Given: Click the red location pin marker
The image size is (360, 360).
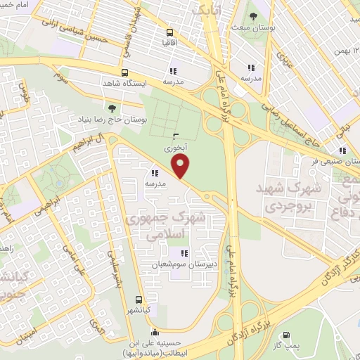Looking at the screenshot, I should pos(181,167).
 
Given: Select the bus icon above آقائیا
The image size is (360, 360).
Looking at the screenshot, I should pos(169,32).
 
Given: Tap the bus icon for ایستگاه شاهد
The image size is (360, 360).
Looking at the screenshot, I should pos(124,72).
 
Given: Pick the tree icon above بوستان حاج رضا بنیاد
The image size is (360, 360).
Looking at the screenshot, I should pos(112,107).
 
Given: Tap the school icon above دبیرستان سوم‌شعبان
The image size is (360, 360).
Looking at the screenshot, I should pos(184,253).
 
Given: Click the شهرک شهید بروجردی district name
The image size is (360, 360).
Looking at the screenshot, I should pos(293,198).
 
